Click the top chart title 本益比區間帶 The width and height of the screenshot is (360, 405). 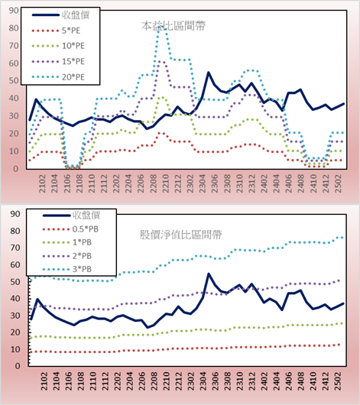174,26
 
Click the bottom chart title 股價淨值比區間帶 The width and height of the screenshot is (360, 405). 180,235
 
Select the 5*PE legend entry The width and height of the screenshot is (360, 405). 56,31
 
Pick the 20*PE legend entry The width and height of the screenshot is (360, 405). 58,77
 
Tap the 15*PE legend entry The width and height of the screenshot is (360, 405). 58,61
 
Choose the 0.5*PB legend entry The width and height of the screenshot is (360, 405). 70,229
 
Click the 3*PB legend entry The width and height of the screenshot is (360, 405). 67,269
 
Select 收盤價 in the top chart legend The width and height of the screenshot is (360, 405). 60,15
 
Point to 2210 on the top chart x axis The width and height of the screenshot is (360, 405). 165,183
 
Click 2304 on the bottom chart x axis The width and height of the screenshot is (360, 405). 203,381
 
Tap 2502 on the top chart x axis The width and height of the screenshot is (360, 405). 338,183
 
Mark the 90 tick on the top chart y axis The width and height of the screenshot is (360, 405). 14,11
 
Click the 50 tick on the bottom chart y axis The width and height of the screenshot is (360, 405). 15,281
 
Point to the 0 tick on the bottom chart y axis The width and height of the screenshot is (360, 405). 18,366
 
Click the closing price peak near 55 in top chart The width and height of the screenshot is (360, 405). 209,73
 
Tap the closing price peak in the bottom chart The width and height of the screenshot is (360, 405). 209,274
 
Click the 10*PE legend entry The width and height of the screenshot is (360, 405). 58,46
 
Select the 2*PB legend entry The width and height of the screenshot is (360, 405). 67,256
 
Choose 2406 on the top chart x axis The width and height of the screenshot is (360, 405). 289,183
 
